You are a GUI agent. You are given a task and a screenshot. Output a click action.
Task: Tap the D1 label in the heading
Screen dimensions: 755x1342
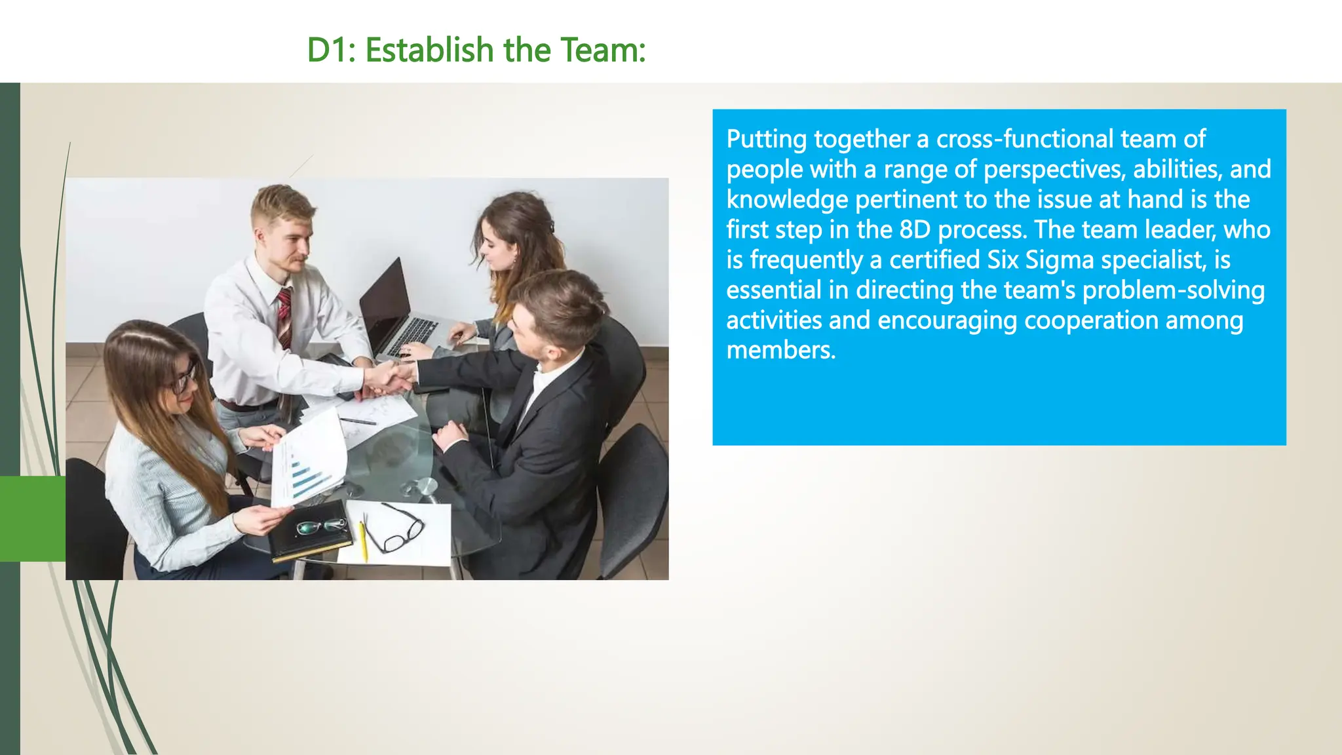330,50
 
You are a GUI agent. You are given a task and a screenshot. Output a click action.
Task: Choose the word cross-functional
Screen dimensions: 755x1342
1025,139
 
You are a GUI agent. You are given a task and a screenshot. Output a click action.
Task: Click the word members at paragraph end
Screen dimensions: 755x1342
780,351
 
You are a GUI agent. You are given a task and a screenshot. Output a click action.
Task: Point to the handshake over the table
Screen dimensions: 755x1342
391,378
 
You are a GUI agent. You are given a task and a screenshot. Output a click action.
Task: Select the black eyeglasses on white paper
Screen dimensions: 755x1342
393,528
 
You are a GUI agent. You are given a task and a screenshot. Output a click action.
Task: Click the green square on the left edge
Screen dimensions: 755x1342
33,518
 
